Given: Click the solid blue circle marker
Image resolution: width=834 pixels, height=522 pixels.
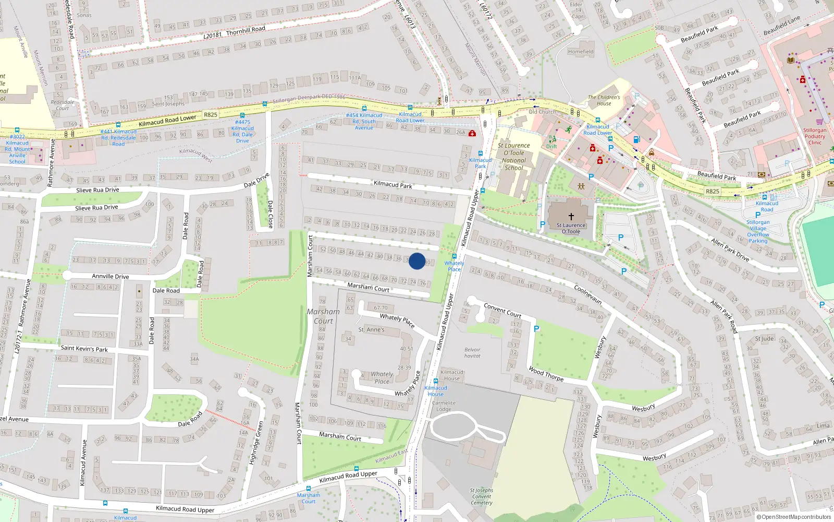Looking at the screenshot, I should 417,261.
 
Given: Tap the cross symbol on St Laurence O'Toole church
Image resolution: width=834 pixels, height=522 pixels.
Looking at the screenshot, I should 571,216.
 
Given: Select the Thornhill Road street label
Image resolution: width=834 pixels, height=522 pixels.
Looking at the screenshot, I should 246,31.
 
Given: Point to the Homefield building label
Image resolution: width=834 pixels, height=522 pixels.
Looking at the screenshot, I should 581,52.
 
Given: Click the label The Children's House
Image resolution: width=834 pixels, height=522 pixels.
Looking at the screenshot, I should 604,100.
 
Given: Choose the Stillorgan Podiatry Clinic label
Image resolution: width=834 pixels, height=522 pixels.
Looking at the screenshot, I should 815,136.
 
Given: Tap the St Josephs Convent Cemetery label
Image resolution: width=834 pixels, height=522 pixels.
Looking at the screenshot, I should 481,496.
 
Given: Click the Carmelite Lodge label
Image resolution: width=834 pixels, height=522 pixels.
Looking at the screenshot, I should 444,406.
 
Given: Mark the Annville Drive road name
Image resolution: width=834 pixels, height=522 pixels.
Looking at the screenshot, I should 111,276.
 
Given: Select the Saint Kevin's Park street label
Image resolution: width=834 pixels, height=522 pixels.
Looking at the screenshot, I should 84,348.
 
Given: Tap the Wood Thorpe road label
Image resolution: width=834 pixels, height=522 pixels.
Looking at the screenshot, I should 546,374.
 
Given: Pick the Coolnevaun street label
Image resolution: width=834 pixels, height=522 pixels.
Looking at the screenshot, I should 588,294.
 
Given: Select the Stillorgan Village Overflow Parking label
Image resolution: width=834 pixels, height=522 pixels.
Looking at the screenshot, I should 758,231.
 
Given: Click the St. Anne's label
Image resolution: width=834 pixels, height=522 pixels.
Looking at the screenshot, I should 371,330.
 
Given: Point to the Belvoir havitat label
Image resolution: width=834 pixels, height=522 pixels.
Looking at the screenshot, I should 472,353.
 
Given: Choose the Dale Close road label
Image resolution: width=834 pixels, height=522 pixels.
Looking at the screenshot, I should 270,214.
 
